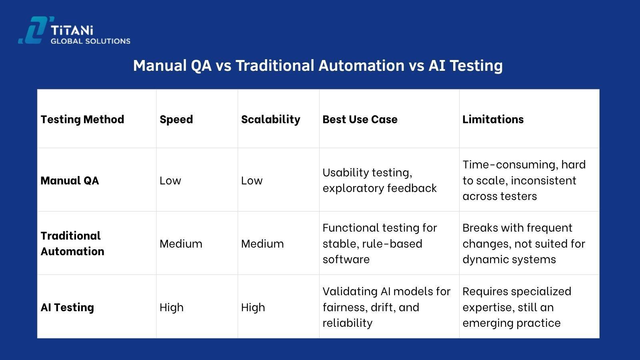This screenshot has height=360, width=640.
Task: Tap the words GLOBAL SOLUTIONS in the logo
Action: tap(90, 41)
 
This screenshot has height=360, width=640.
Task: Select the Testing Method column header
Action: tap(82, 119)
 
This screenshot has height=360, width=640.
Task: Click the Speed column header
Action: tap(176, 119)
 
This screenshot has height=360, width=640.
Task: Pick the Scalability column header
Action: tap(270, 119)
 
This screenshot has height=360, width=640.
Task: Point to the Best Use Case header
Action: tap(360, 119)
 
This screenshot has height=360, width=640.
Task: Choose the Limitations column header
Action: tap(493, 119)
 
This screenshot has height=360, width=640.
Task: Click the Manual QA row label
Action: tap(70, 180)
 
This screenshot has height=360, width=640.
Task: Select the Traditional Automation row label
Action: tap(72, 243)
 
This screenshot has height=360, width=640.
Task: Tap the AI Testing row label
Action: tap(67, 307)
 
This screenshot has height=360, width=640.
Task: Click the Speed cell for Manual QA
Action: tap(170, 180)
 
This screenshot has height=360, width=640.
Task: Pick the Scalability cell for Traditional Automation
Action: tap(262, 244)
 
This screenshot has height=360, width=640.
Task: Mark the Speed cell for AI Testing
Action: tap(171, 307)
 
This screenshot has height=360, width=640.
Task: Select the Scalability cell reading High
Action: tap(253, 307)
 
